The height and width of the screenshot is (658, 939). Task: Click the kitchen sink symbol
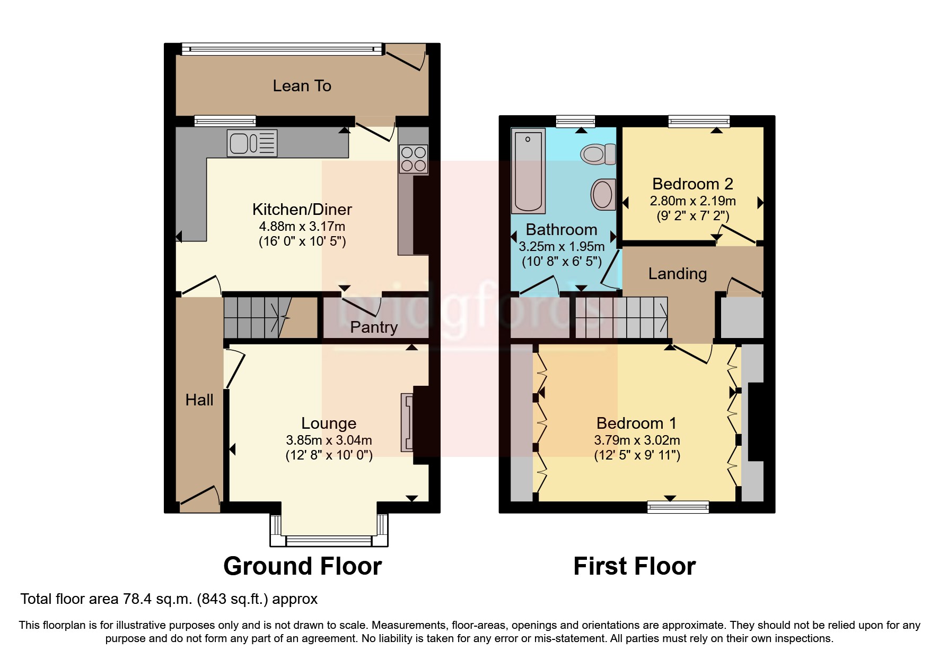252,143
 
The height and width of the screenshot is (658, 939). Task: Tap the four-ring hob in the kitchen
414,159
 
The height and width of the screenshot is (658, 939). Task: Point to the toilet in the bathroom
598,154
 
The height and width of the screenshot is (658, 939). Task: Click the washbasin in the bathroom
603,194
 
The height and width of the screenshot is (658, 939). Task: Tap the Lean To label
302,86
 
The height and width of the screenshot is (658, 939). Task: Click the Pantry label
374,327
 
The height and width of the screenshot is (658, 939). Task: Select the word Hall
199,400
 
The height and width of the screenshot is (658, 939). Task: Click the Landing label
678,274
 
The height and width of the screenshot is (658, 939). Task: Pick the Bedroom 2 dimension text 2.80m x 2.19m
692,201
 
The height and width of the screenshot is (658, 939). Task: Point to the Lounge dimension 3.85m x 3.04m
329,440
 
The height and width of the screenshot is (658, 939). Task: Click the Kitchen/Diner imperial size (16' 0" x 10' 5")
302,242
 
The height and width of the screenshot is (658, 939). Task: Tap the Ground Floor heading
302,566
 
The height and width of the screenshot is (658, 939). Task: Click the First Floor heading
634,566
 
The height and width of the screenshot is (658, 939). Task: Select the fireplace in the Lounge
407,422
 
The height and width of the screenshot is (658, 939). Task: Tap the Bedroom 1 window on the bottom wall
678,507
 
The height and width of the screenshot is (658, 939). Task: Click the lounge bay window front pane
329,541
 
